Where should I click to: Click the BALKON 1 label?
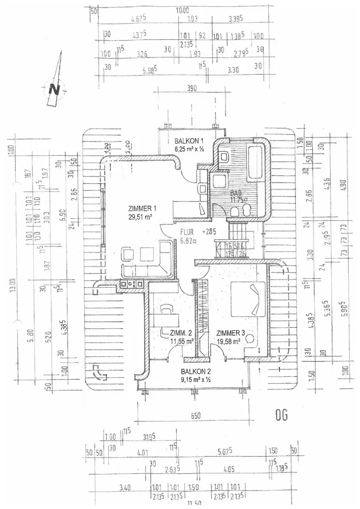point(189,141)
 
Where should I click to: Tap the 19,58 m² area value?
point(229,342)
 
